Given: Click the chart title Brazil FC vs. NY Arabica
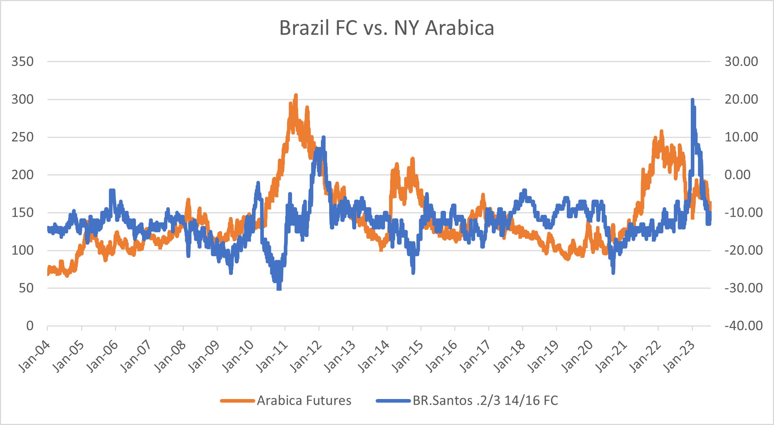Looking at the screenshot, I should point(386,28).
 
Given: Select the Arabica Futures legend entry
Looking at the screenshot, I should point(304,400).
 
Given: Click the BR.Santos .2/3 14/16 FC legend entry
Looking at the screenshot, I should point(485,400).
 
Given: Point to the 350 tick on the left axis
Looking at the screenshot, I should point(22,61).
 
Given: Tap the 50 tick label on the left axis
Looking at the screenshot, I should point(26,288).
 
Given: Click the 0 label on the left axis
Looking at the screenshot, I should point(30,326).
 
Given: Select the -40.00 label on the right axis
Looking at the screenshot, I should point(743,326).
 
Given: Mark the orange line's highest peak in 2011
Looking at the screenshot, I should point(296,95).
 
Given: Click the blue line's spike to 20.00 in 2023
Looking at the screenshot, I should point(693,100).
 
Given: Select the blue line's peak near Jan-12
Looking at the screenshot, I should point(323,137).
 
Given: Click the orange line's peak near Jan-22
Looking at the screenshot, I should point(662,131).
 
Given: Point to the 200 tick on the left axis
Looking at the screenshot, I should point(22,175).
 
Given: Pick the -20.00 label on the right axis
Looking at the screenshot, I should point(743,250).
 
